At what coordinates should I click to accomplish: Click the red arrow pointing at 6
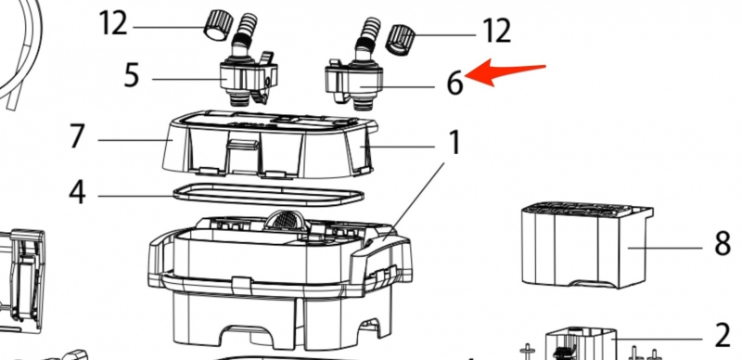[x=505, y=72]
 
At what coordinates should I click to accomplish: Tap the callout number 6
[x=454, y=84]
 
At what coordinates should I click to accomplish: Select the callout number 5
[x=132, y=75]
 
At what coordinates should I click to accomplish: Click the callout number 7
[x=77, y=136]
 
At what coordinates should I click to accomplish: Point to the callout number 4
[x=77, y=192]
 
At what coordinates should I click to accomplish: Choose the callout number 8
[x=722, y=244]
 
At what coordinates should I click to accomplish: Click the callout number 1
[x=454, y=143]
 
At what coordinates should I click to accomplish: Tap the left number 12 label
[x=113, y=23]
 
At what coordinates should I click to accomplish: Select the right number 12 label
[x=497, y=32]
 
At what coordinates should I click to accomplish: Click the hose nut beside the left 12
[x=218, y=25]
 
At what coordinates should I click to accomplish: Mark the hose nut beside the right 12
[x=401, y=39]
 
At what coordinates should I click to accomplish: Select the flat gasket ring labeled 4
[x=269, y=195]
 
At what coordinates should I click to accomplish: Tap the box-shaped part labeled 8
[x=588, y=245]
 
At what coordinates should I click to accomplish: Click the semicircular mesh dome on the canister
[x=285, y=221]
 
